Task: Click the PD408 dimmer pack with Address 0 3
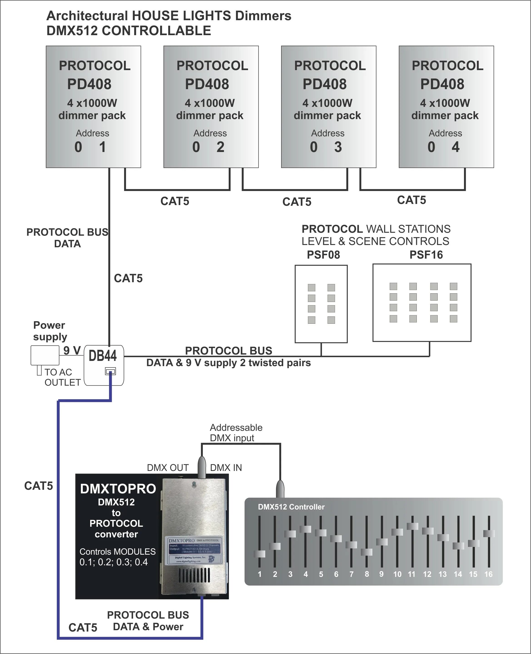pos(328,107)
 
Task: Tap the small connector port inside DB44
pos(110,371)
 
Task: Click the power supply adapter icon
pos(45,355)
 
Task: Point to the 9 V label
pos(72,350)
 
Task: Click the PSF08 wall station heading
pos(323,255)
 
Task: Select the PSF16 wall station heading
pos(426,255)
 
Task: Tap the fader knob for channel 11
pos(412,526)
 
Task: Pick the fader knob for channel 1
pos(259,554)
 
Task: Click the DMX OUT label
pos(168,468)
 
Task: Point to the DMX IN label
pos(226,468)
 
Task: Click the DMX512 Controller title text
pos(291,507)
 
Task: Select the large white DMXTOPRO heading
pos(118,489)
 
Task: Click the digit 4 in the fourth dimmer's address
pos(455,147)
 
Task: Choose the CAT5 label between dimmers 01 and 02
pos(175,201)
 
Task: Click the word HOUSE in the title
pos(154,16)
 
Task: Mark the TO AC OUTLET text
pos(62,377)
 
